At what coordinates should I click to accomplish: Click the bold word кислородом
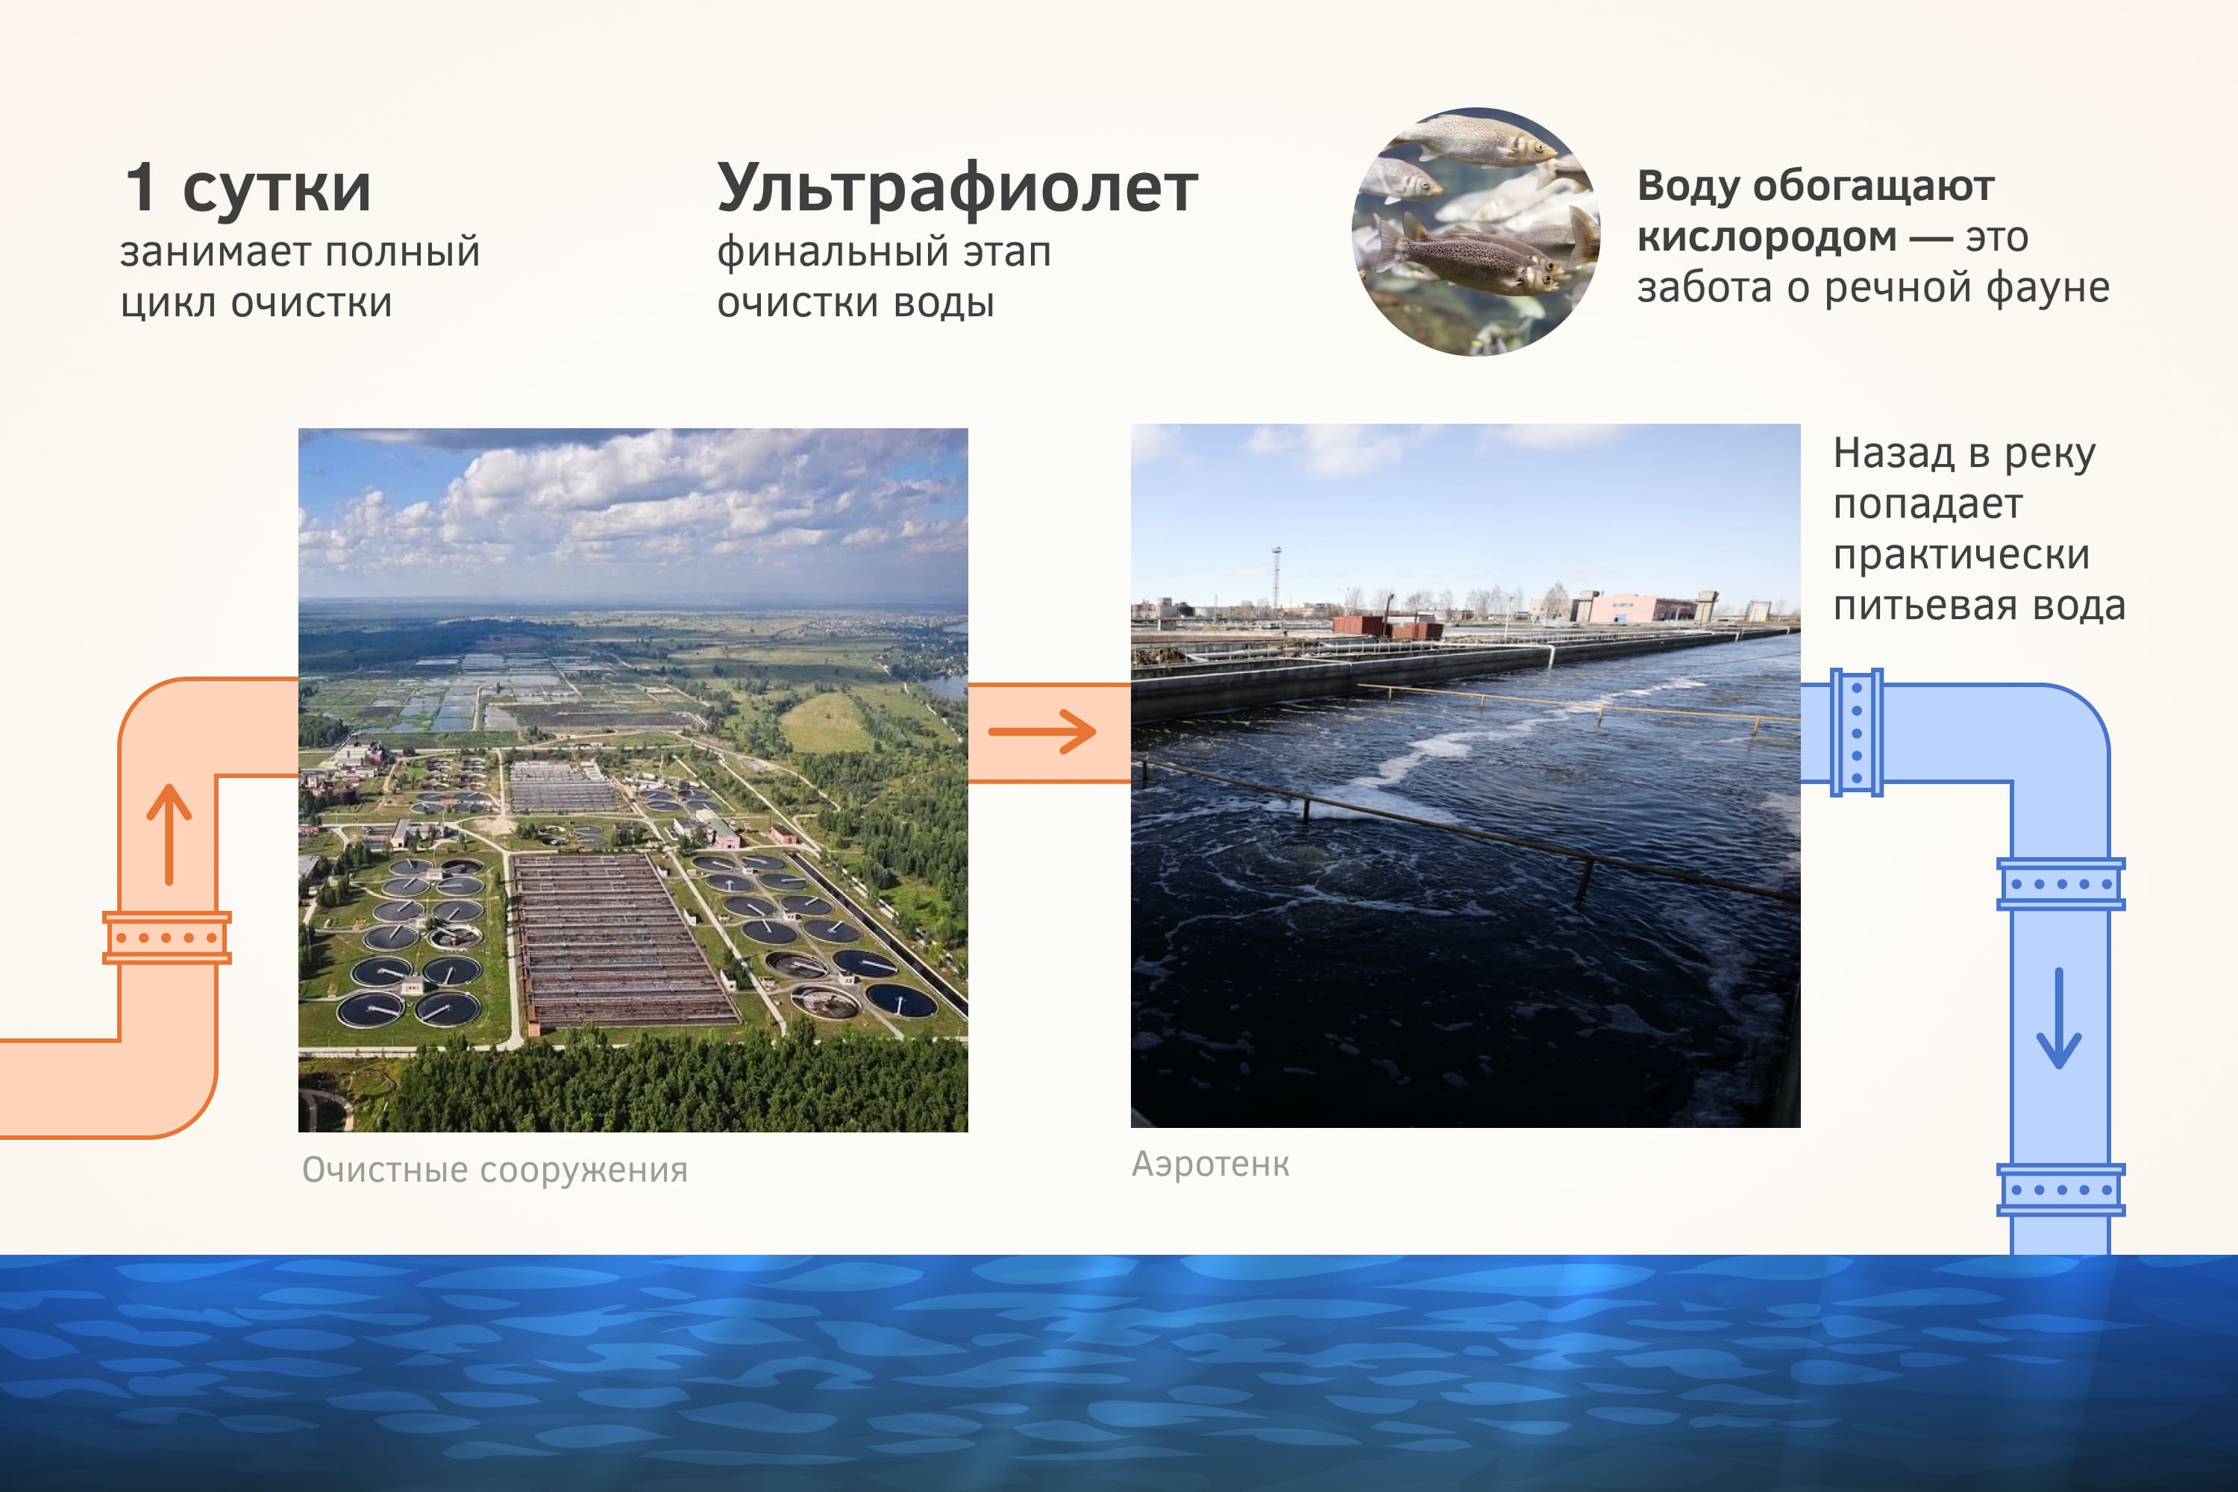pos(1766,238)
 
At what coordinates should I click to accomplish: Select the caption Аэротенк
pos(1210,1164)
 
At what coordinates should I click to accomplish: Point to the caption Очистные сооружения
pos(495,1170)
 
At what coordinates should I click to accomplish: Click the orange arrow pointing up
pos(169,835)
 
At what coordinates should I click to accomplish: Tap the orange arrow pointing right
pos(1042,732)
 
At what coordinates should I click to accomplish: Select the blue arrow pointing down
pos(2059,1018)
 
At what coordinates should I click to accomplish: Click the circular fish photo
pos(1476,231)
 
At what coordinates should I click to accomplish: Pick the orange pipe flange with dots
pos(166,937)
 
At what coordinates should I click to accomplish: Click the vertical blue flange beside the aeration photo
pos(1857,732)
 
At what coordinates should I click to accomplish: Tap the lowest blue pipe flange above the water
pos(2060,1189)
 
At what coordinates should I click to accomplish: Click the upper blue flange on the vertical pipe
pos(2060,884)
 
